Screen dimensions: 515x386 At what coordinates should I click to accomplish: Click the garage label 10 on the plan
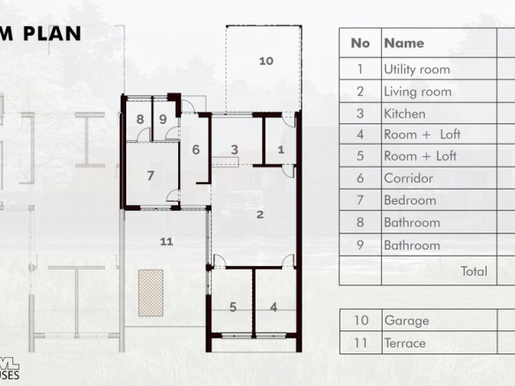click(x=266, y=61)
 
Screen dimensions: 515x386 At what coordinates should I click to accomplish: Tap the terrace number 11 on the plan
click(x=167, y=241)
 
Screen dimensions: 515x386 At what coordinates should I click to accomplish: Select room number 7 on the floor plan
click(x=151, y=175)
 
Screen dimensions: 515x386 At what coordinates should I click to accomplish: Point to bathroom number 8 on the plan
click(x=140, y=119)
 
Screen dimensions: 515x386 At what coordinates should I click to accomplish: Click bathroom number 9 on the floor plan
click(x=163, y=119)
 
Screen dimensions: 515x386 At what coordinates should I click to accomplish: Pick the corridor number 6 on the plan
click(x=196, y=150)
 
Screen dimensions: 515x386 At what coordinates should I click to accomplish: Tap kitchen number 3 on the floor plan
click(x=235, y=150)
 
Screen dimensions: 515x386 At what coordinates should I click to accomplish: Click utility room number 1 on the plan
click(x=280, y=150)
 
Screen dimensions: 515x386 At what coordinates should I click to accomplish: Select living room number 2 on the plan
click(x=260, y=215)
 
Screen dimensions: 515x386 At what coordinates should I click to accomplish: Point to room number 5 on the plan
click(x=233, y=308)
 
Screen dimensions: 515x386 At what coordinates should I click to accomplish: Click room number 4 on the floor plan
click(x=273, y=308)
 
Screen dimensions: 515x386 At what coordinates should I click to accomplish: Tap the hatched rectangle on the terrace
click(x=151, y=293)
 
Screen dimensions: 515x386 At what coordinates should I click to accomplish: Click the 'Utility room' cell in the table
click(x=417, y=70)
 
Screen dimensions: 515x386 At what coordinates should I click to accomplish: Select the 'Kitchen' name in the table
click(x=405, y=114)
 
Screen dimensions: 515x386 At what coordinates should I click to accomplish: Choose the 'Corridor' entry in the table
click(x=408, y=178)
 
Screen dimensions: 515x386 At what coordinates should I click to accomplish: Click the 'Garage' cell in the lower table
click(x=407, y=321)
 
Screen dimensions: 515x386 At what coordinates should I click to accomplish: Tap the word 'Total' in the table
click(x=474, y=271)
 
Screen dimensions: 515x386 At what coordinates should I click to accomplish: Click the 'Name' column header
click(x=404, y=43)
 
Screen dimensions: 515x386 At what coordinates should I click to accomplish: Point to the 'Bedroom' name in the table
click(x=410, y=200)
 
